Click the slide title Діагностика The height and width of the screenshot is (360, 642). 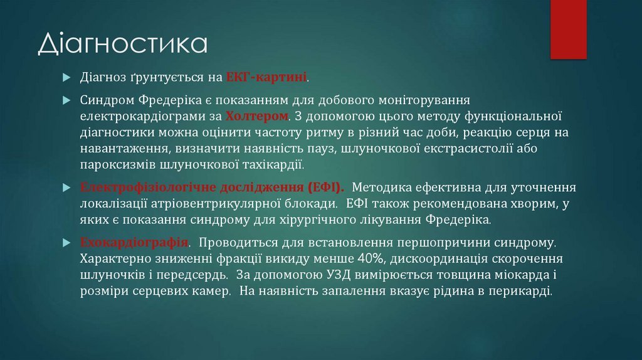(123, 43)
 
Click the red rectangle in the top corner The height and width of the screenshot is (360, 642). (568, 29)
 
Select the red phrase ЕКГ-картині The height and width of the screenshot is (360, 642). (266, 77)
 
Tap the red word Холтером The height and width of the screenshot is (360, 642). (257, 116)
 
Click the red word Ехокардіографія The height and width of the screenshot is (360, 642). (134, 242)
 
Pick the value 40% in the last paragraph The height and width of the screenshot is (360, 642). (371, 258)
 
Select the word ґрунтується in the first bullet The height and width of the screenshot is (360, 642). (166, 77)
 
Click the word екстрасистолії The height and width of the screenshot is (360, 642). (468, 148)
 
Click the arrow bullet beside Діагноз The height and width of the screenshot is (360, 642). (66, 77)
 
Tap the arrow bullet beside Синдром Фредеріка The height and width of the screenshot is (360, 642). (66, 100)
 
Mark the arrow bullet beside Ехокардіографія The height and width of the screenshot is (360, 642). (66, 243)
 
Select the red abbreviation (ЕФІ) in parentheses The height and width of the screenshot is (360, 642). (325, 187)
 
